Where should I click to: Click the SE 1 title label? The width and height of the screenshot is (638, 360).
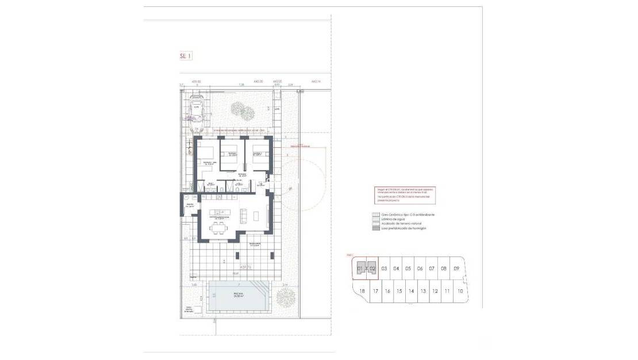pyautogui.click(x=185, y=56)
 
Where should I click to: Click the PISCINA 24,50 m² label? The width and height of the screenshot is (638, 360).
pyautogui.click(x=239, y=296)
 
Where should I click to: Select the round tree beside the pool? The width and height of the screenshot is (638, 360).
pyautogui.click(x=285, y=297)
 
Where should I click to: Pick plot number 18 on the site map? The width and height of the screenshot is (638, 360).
pyautogui.click(x=362, y=291)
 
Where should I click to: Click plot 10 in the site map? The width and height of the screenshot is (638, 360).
pyautogui.click(x=460, y=291)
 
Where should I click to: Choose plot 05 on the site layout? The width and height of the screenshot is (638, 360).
pyautogui.click(x=408, y=269)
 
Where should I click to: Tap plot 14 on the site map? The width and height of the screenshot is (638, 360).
pyautogui.click(x=411, y=291)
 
